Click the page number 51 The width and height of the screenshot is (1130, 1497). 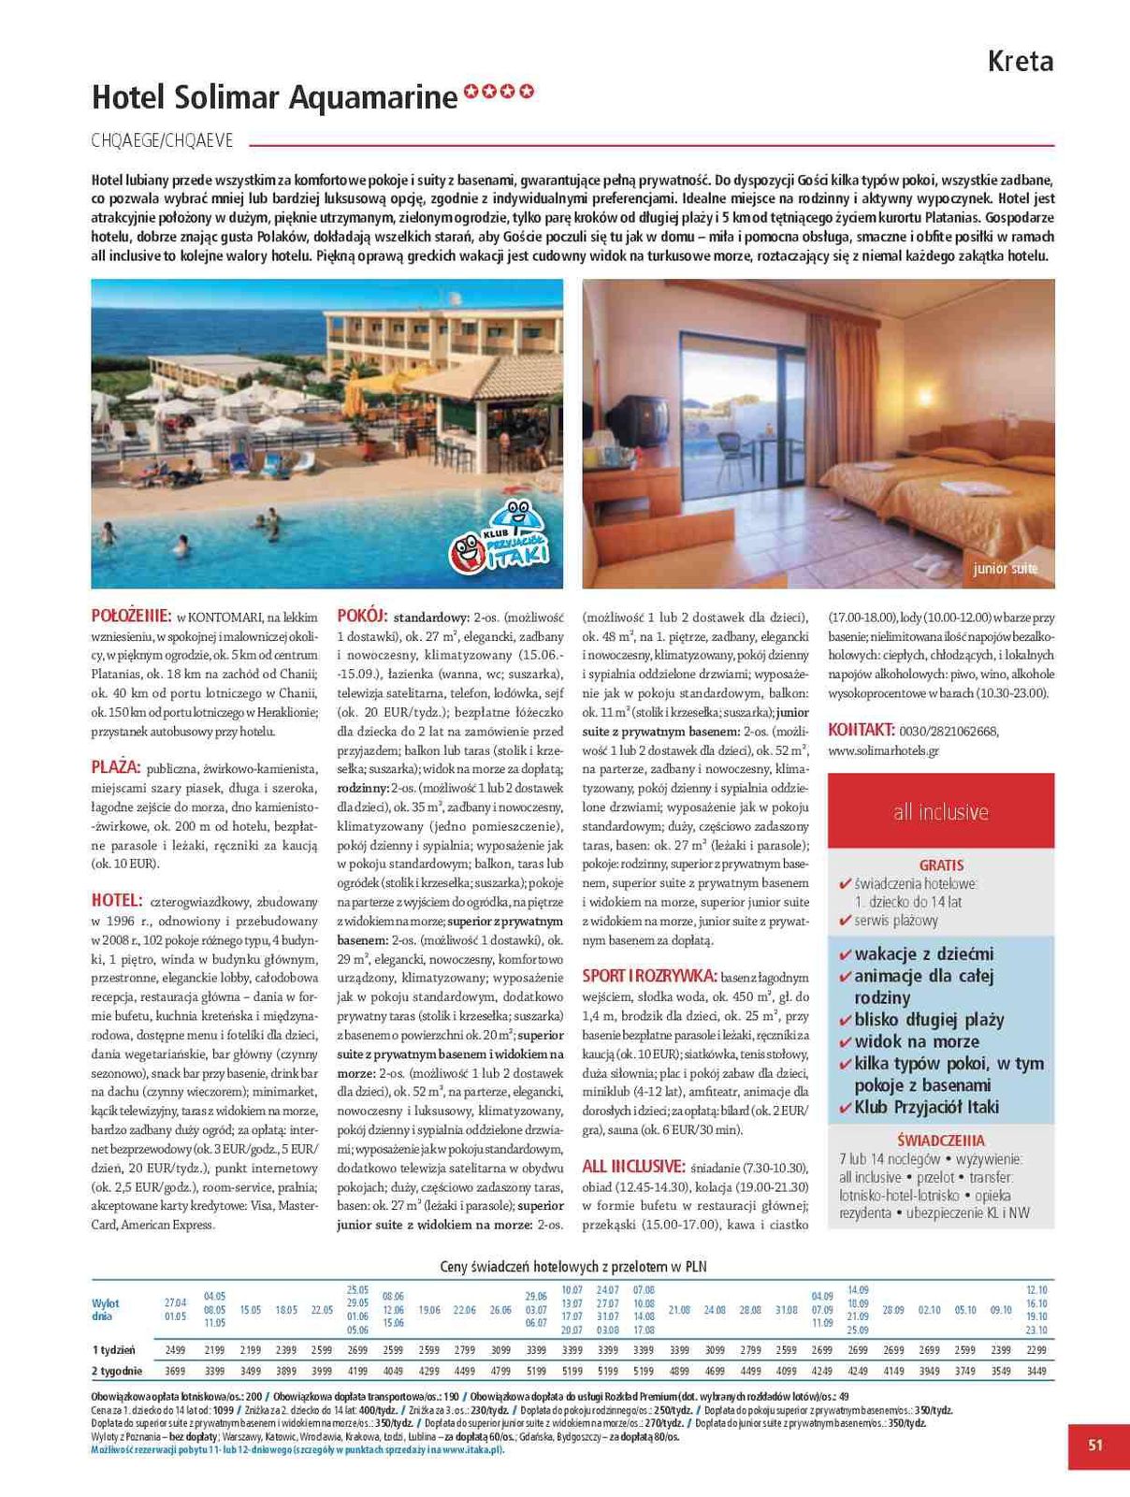click(1095, 1445)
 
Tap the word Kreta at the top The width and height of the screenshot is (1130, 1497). click(1021, 62)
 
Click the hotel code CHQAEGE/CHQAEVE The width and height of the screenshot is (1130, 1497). click(162, 141)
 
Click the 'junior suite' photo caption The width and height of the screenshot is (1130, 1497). click(1005, 568)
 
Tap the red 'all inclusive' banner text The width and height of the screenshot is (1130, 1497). click(941, 811)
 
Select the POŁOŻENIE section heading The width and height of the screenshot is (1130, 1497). click(131, 617)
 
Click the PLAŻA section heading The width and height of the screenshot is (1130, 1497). click(116, 767)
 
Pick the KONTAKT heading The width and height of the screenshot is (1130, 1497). click(862, 730)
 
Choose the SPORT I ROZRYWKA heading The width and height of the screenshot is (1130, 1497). click(649, 975)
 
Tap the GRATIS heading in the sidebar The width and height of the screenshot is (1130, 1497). click(941, 865)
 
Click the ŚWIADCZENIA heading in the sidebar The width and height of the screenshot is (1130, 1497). click(941, 1141)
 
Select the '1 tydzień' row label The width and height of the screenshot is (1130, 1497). click(113, 1350)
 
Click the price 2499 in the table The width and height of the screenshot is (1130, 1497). click(176, 1350)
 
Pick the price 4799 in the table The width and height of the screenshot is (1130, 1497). click(500, 1371)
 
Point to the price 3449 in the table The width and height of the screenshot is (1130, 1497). click(1036, 1371)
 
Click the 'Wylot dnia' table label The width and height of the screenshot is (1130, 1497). click(106, 1310)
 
